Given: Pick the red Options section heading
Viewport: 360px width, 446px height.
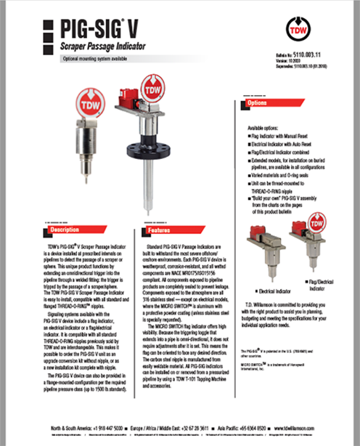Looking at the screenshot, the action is [x=261, y=104].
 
